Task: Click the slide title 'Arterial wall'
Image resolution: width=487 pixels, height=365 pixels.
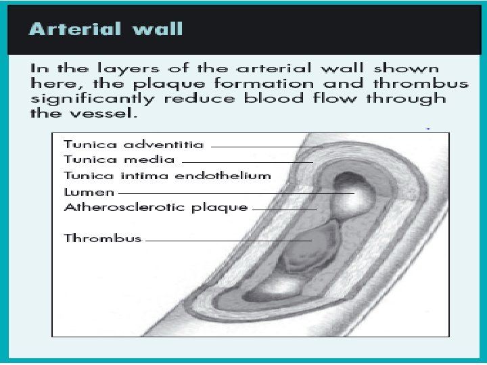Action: (106, 29)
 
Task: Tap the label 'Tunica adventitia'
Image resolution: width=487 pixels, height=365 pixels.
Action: (134, 144)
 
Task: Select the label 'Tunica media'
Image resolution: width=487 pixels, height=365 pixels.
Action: (119, 160)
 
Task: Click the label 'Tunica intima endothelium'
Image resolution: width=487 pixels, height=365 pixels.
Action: (166, 176)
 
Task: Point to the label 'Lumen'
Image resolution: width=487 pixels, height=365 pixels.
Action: (89, 192)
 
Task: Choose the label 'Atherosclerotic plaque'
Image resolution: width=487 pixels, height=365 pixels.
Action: (156, 208)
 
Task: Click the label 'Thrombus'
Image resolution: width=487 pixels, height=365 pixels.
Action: (102, 238)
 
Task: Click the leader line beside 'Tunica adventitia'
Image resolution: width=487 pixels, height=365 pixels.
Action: (266, 146)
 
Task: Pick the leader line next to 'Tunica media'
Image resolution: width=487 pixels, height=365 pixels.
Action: (247, 162)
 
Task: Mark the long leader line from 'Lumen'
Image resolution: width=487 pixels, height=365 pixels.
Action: (237, 194)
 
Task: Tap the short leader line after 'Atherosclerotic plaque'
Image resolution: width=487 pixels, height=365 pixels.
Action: (284, 210)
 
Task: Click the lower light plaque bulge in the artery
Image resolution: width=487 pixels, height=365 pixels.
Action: (274, 288)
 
